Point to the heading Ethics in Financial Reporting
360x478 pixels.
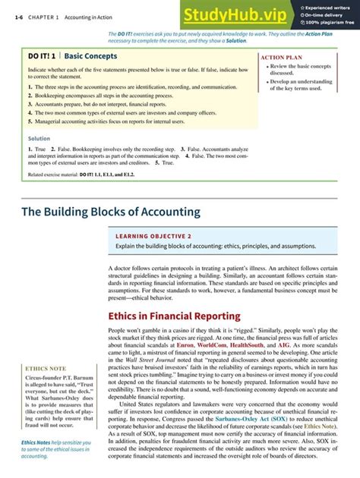[174, 316]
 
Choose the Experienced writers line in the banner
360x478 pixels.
[331, 8]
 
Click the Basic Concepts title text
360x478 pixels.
[92, 56]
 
